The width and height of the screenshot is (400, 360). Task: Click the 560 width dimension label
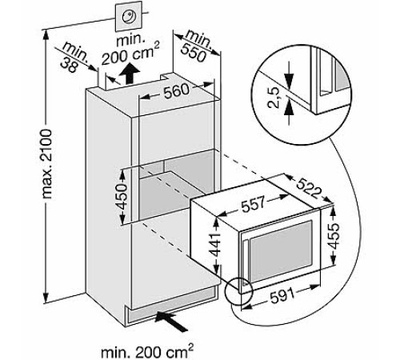click(176, 91)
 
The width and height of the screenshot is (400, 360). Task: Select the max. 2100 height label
click(47, 164)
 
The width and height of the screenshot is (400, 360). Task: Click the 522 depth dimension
click(308, 188)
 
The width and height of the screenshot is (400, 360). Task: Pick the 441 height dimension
click(215, 246)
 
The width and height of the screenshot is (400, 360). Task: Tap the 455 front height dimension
click(334, 236)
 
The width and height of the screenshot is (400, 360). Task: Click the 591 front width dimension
click(282, 295)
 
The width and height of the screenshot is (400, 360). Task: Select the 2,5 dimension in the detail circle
click(274, 98)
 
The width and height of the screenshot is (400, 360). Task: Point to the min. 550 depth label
click(197, 46)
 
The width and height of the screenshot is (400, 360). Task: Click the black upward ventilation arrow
click(130, 74)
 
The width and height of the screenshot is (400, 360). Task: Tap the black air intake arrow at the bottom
click(171, 321)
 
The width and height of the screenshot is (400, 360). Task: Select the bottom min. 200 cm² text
click(147, 350)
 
